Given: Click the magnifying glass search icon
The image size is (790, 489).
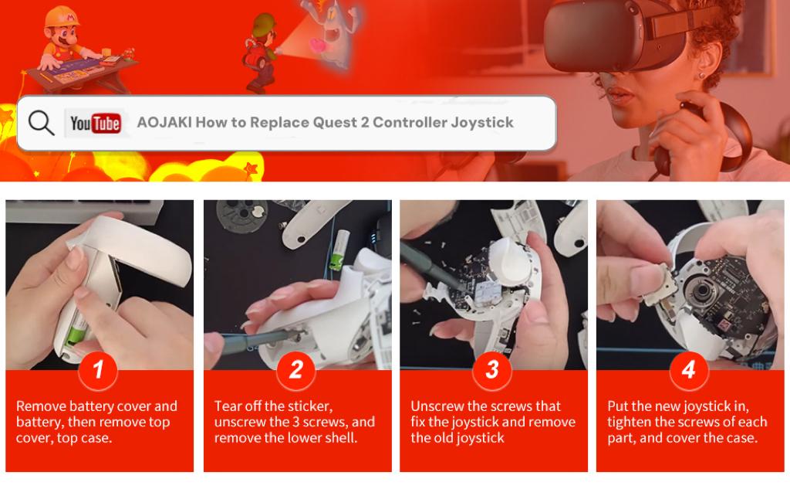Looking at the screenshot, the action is point(41,123).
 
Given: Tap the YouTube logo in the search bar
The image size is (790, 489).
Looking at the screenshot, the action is point(95,123).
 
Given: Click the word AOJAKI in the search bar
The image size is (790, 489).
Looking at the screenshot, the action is point(164,122).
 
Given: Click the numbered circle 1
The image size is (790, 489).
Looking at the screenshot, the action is point(98,370).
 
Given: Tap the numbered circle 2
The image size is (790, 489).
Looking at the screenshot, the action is point(296,370).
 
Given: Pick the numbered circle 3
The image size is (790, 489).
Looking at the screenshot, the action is point(492,370).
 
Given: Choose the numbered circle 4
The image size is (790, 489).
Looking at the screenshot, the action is point(689,370).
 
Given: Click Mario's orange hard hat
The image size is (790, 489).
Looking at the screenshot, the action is point(62,17).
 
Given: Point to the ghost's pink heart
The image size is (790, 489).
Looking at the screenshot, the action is point(318,46).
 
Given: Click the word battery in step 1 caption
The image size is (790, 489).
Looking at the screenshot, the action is point(39,423).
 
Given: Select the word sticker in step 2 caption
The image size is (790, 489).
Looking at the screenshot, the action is point(310,406).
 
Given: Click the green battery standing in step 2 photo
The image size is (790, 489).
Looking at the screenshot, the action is point(339,250).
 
